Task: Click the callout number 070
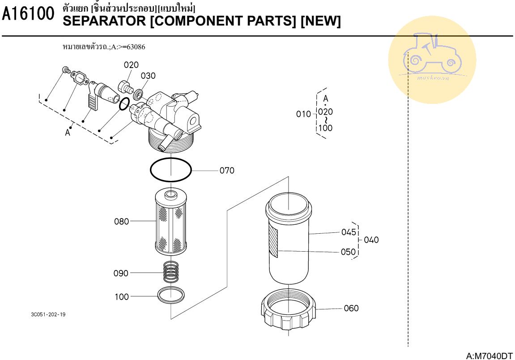pyautogui.click(x=227, y=170)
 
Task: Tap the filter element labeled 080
pyautogui.click(x=170, y=221)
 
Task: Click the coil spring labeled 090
pyautogui.click(x=170, y=272)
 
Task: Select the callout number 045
pyautogui.click(x=349, y=232)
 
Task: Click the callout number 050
pyautogui.click(x=349, y=252)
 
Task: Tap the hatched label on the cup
pyautogui.click(x=273, y=242)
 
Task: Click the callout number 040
pyautogui.click(x=371, y=240)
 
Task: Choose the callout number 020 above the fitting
pyautogui.click(x=131, y=65)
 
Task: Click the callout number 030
pyautogui.click(x=148, y=76)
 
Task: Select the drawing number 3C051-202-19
pyautogui.click(x=48, y=314)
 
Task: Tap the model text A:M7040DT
pyautogui.click(x=489, y=356)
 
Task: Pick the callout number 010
pyautogui.click(x=303, y=114)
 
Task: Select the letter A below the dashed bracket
pyautogui.click(x=68, y=133)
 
